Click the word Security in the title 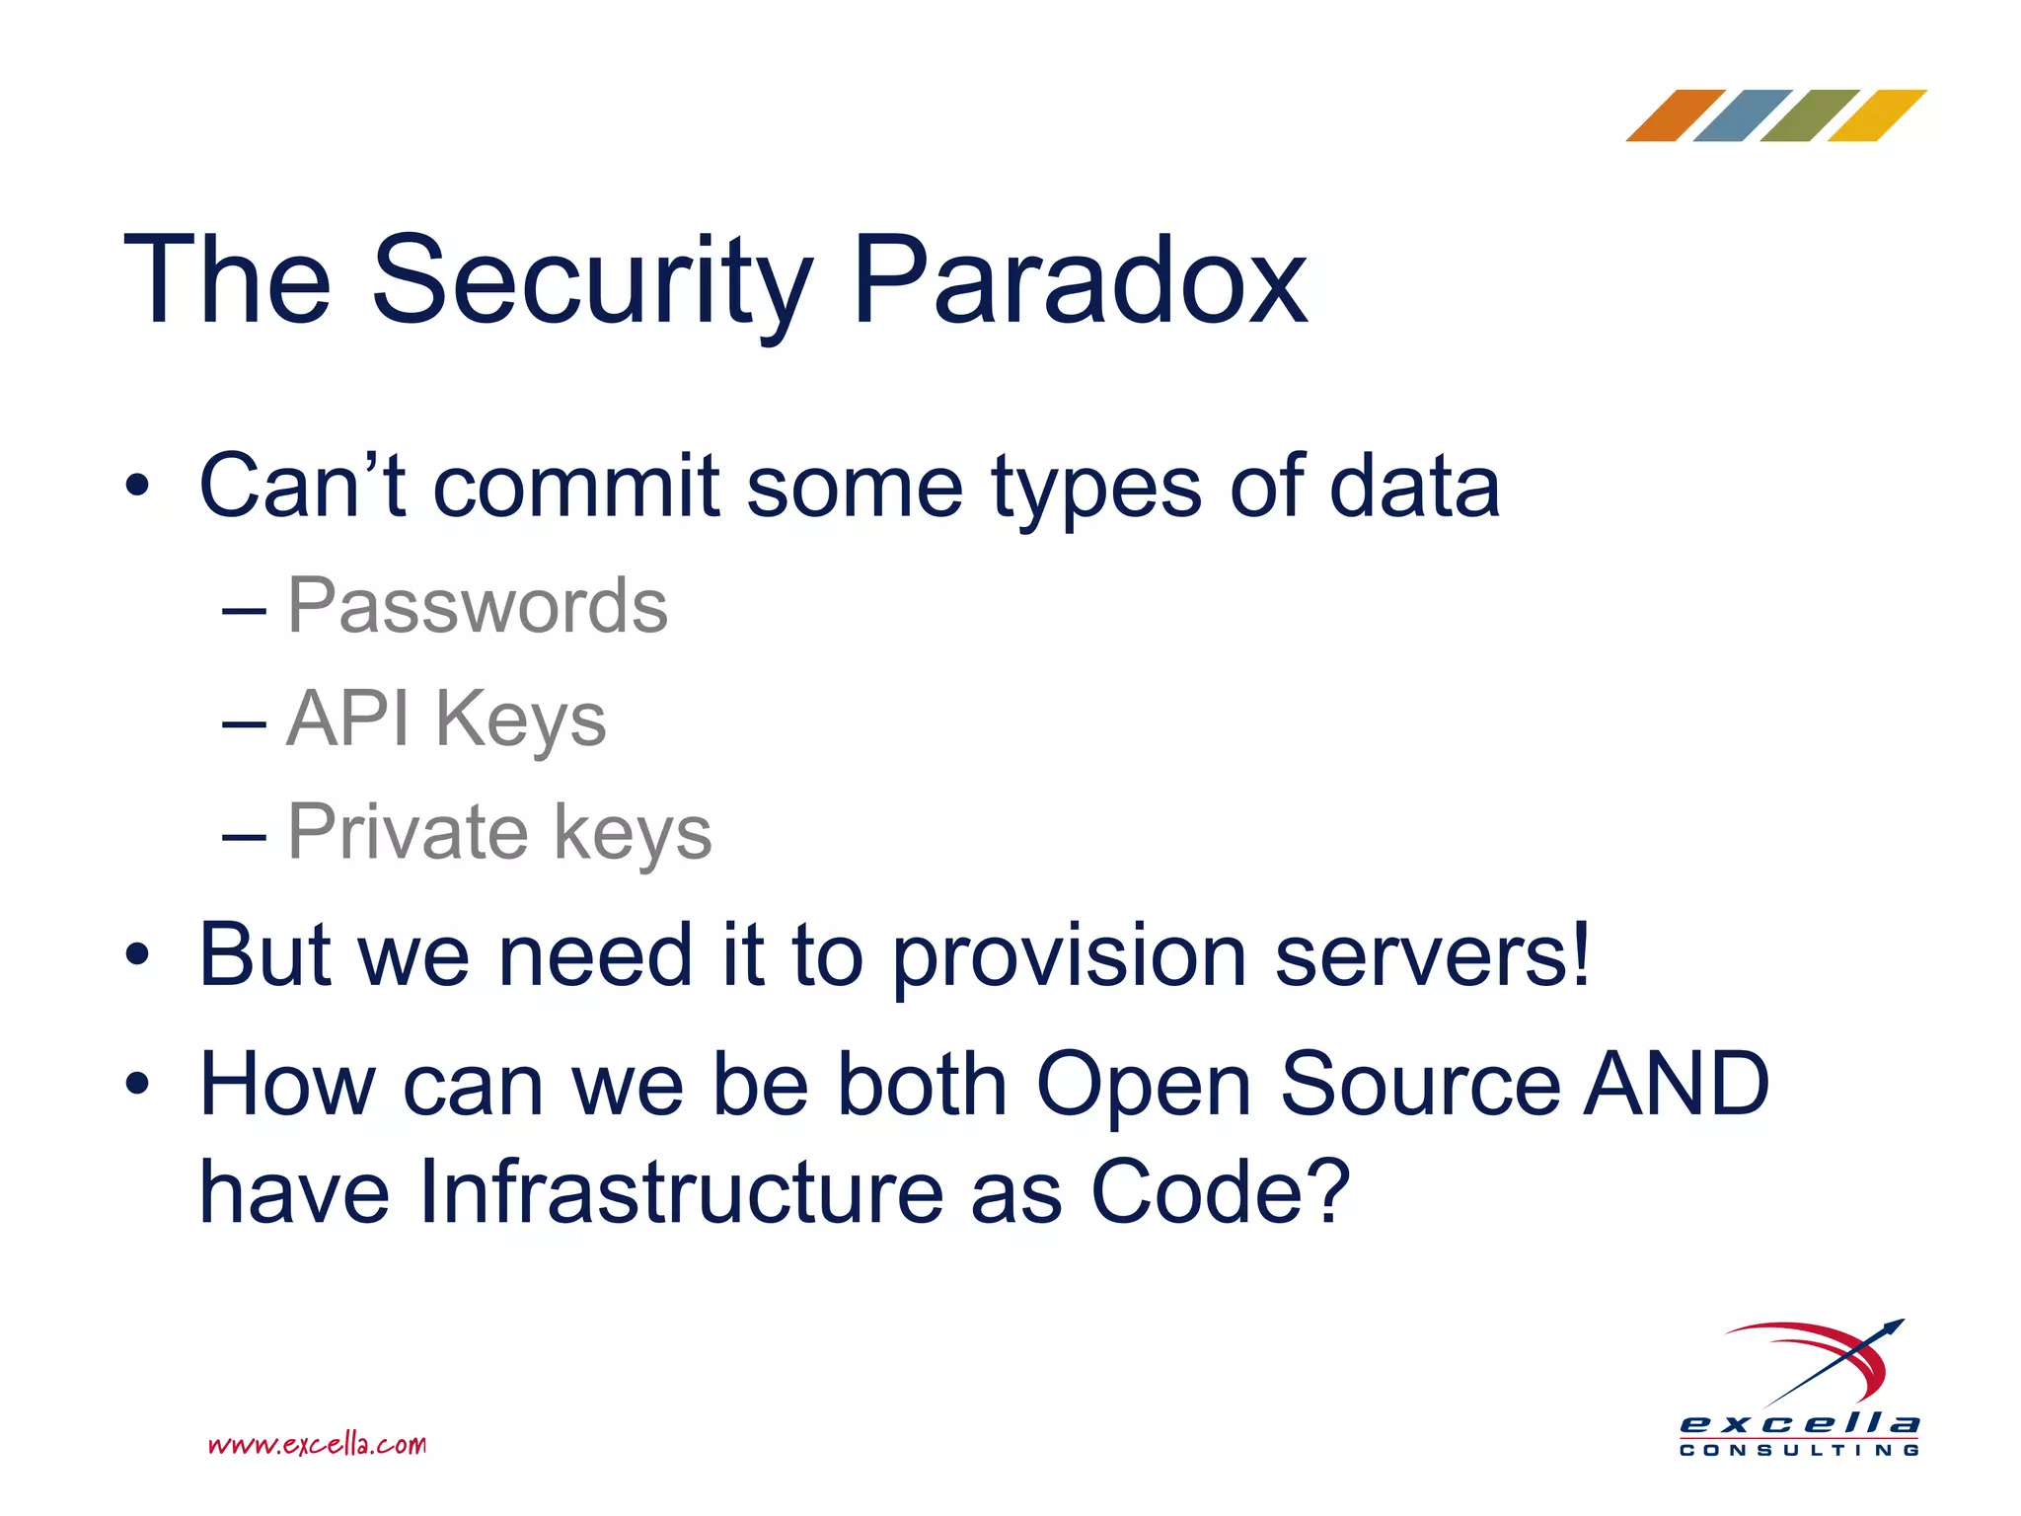tap(591, 282)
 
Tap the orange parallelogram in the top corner tap(1675, 116)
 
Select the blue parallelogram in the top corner tap(1742, 116)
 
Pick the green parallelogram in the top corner tap(1809, 116)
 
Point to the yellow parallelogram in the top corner tap(1876, 116)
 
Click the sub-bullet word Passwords tap(477, 606)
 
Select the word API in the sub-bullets tap(347, 720)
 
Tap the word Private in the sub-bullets tap(408, 832)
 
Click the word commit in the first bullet tap(576, 487)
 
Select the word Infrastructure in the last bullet tap(680, 1192)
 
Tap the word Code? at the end tap(1220, 1192)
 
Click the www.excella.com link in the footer tap(317, 1445)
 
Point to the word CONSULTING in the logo tap(1799, 1450)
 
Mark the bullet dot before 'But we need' tap(137, 955)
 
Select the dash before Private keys tap(244, 837)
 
